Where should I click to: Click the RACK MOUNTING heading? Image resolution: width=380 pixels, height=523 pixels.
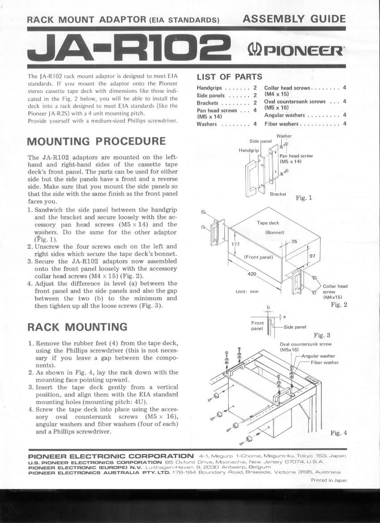(x=77, y=327)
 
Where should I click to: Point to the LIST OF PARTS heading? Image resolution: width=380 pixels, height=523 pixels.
(x=229, y=77)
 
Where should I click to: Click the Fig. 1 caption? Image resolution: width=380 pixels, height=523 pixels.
(x=304, y=197)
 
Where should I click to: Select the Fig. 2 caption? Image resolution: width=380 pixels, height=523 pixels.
(x=339, y=305)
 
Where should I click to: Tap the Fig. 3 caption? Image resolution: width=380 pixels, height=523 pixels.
(x=322, y=335)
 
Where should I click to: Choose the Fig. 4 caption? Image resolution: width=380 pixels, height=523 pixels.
(x=338, y=433)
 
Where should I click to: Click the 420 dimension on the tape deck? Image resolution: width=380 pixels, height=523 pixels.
(x=252, y=274)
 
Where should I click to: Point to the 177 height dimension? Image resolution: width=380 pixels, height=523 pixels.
(x=236, y=244)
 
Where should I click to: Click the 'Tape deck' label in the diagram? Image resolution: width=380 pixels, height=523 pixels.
(x=268, y=223)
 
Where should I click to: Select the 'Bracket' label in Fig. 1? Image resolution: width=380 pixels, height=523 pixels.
(x=278, y=194)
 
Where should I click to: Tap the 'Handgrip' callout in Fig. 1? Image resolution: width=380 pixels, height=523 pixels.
(x=249, y=150)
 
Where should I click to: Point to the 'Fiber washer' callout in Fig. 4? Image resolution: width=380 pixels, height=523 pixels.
(x=325, y=362)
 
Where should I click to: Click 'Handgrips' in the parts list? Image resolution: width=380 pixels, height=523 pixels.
(x=209, y=88)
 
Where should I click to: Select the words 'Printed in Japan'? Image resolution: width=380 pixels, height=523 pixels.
(x=329, y=480)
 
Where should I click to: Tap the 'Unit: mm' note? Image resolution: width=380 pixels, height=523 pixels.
(x=247, y=292)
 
